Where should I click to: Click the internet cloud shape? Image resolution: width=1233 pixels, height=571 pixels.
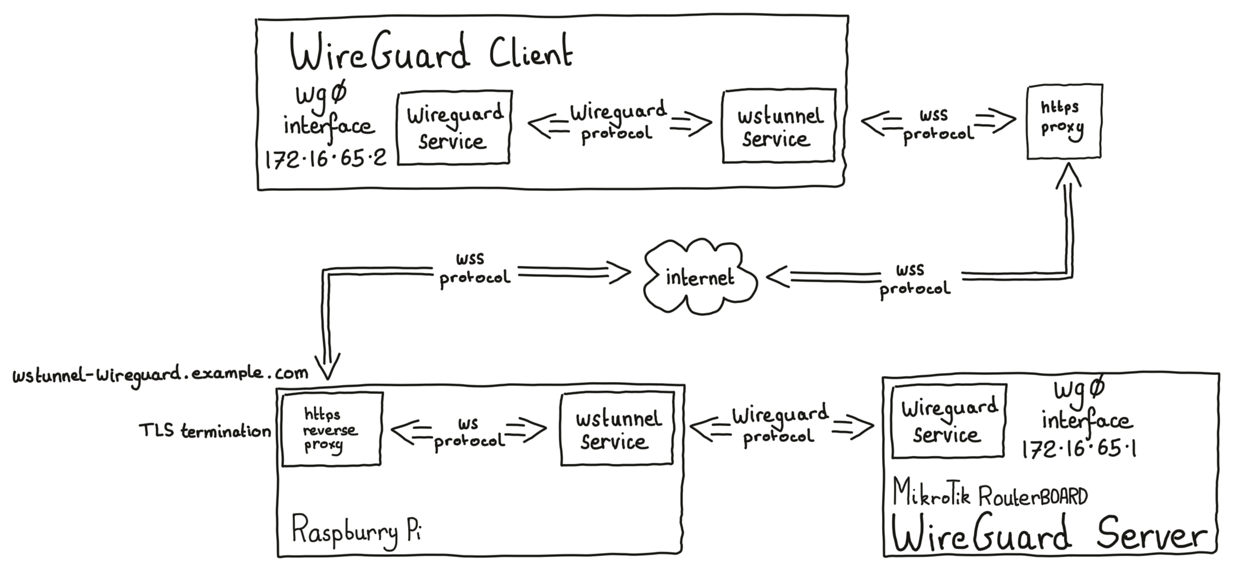pos(700,277)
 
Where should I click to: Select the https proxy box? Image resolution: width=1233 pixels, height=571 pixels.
pos(1064,122)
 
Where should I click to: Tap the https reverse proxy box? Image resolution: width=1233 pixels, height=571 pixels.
pos(331,429)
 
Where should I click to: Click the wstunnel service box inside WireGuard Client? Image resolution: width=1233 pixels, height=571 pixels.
pos(779,127)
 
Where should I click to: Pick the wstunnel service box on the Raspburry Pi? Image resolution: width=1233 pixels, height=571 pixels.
pos(617,430)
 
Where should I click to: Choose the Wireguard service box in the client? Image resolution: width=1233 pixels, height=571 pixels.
pos(454,127)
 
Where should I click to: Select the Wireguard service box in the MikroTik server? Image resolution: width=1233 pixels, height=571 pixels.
pos(948,421)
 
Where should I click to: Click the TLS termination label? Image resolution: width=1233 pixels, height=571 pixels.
pos(205,431)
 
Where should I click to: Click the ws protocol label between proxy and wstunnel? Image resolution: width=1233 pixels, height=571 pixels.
pos(469,432)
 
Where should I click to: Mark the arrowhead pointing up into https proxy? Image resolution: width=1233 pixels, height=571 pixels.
pos(1068,176)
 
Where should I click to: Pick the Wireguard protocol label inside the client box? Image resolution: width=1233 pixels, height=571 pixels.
pos(617,122)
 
